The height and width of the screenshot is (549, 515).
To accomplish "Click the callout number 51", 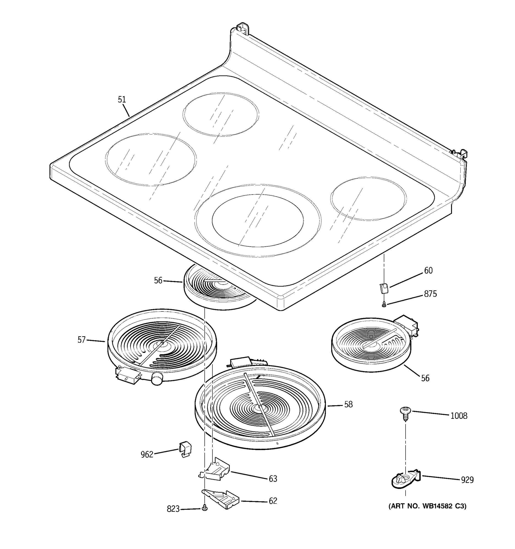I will click(122, 100).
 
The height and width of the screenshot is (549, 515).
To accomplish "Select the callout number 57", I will click(81, 340).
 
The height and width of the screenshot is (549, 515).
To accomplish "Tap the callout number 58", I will click(348, 405).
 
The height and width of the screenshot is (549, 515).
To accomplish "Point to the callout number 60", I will click(428, 271).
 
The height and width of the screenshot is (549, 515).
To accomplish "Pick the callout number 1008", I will click(459, 416).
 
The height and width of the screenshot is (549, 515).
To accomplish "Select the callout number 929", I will click(467, 480).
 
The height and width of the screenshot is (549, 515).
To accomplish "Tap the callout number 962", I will click(147, 455).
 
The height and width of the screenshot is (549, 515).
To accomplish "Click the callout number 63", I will click(273, 479).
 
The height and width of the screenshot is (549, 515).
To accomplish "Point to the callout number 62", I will click(273, 501).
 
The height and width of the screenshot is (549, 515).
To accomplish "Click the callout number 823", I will click(173, 509).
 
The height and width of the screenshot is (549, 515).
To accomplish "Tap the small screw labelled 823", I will click(204, 508).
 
